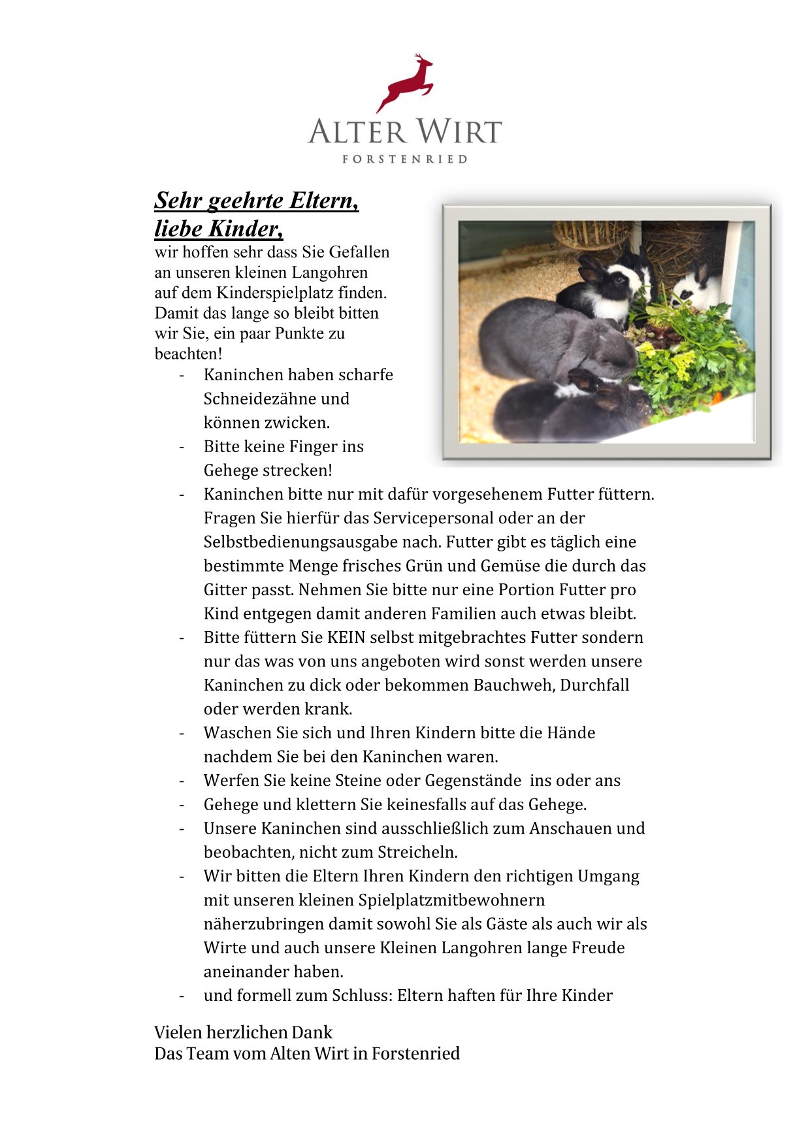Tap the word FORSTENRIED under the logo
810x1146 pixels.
pyautogui.click(x=405, y=159)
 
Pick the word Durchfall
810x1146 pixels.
pyautogui.click(x=594, y=685)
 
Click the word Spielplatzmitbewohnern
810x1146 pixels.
pyautogui.click(x=451, y=900)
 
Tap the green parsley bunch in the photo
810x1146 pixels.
pyautogui.click(x=692, y=359)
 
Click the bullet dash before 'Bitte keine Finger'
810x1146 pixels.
pyautogui.click(x=182, y=447)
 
